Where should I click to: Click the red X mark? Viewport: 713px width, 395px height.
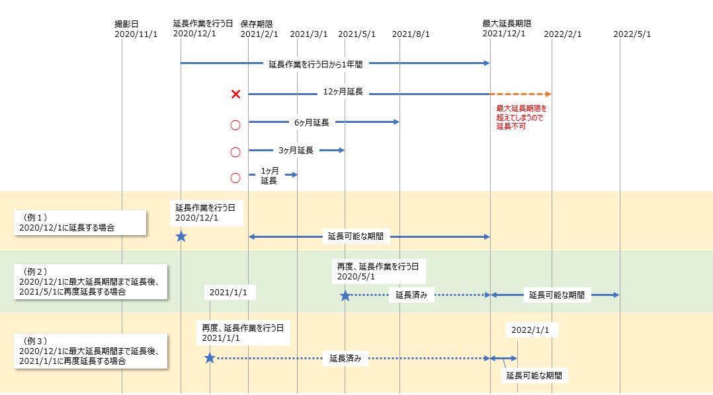[235, 94]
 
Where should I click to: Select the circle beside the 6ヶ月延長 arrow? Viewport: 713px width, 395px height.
[235, 124]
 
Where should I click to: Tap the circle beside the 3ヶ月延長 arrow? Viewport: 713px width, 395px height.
[235, 152]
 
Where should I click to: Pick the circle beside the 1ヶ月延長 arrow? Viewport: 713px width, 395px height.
[235, 178]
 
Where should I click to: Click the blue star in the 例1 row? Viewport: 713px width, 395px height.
[181, 236]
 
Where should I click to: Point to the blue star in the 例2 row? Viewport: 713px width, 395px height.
[345, 295]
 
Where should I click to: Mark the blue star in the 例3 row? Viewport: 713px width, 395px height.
[210, 358]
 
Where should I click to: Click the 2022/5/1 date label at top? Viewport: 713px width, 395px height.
[632, 34]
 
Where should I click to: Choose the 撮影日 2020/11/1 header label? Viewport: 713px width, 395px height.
[136, 29]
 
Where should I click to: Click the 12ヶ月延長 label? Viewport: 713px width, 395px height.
[343, 92]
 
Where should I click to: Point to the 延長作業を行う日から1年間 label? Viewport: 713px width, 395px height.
[315, 64]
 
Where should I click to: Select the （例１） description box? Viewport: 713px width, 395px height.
[81, 222]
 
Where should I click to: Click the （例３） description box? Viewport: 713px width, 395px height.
[90, 351]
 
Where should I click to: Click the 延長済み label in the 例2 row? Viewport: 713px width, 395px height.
[411, 295]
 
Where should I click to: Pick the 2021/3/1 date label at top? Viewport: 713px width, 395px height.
[309, 34]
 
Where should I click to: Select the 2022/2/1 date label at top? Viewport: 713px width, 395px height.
[563, 34]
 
